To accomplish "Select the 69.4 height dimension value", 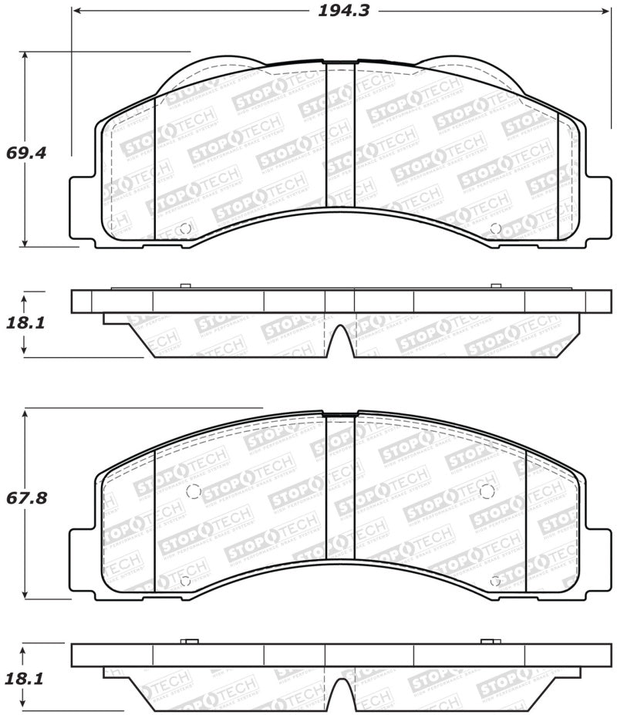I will coord(26,153).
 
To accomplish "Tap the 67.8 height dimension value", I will coord(26,498).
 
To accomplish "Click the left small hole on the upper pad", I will coord(184,228).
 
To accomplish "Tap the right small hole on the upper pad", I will coord(495,228).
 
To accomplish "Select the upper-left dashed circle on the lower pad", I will coord(194,491).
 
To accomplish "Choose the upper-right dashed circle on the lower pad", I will coord(486,491).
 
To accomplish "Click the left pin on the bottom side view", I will coord(189,642).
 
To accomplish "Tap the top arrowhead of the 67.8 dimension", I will coord(25,413).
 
